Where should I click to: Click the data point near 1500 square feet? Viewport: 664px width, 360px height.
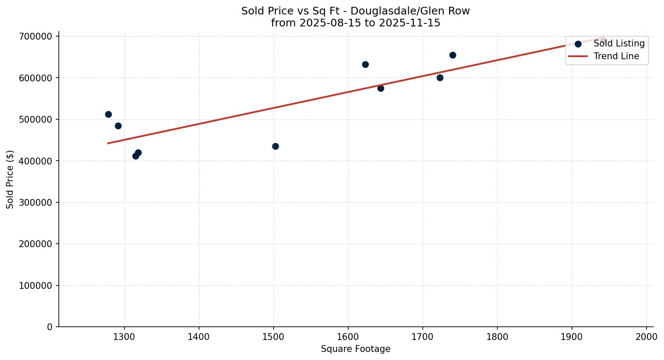[x=275, y=147]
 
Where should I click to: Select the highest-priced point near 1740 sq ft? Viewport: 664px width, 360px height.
[x=453, y=55]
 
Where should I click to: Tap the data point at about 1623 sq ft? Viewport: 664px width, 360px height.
[x=365, y=65]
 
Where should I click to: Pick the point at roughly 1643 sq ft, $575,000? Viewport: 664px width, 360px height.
[x=381, y=88]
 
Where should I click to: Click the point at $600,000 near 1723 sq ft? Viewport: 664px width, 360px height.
[x=440, y=78]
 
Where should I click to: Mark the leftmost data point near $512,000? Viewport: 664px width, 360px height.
[x=108, y=114]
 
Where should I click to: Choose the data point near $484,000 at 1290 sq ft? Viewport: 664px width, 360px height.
[x=118, y=126]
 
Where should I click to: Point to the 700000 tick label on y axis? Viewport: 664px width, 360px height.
[x=36, y=37]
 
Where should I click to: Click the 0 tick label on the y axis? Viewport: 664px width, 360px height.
[x=50, y=327]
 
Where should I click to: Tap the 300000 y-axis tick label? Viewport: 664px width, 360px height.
[x=36, y=203]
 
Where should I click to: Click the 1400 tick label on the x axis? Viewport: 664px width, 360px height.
[x=199, y=336]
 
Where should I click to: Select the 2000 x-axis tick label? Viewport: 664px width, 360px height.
[x=646, y=336]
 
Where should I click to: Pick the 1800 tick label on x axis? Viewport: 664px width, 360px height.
[x=497, y=336]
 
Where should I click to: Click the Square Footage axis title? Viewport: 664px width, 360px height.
[x=355, y=349]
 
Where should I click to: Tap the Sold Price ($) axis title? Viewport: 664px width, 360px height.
[x=10, y=179]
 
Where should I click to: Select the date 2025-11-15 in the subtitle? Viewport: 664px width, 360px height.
[x=410, y=23]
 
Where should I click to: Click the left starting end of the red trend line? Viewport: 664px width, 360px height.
[x=108, y=143]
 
